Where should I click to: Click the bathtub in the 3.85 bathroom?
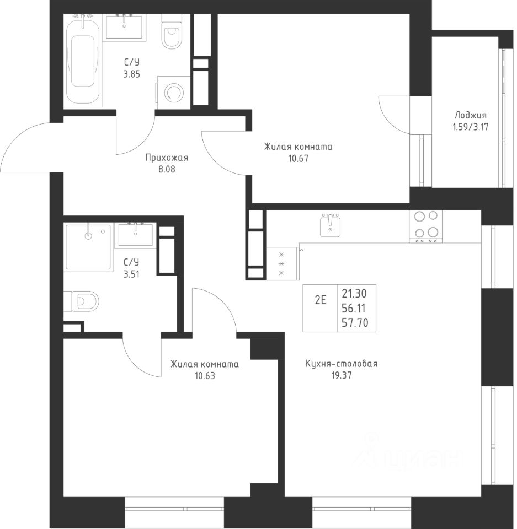coord(83,61)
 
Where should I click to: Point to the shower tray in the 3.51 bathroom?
coord(88,247)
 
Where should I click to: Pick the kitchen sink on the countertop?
coord(330,225)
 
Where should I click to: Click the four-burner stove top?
coord(426,226)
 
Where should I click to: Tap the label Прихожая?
coord(167,158)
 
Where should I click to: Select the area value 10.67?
coord(299,158)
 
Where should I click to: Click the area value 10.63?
coord(205,375)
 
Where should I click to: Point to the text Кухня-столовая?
coord(342,364)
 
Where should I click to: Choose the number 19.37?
coord(342,375)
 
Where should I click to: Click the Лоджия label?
coord(470,116)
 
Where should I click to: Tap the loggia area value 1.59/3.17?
coord(470,127)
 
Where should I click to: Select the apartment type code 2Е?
coord(321,300)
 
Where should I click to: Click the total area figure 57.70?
coord(355,323)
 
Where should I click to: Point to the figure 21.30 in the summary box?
coord(354,294)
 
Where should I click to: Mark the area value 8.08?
coord(167,169)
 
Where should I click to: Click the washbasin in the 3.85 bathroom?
coord(125,26)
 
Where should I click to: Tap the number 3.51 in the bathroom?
coord(131,274)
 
